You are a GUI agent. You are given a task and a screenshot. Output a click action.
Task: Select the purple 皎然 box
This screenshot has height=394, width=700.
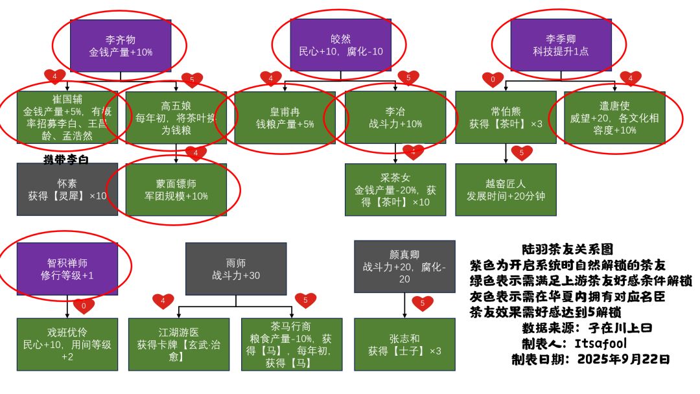tap(340, 45)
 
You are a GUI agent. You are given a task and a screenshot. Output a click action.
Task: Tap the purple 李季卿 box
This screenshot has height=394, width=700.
tap(561, 45)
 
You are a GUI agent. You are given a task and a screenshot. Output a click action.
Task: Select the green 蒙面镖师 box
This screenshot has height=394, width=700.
tap(176, 189)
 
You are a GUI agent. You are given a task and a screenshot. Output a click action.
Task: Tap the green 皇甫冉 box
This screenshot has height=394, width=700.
tap(285, 117)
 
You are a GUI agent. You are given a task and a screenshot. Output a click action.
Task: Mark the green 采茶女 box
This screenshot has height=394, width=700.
tap(395, 189)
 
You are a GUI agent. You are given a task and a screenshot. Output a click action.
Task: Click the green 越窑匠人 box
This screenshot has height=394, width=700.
tap(506, 189)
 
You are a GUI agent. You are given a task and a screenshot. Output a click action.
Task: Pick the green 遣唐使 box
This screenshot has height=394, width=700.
tap(615, 117)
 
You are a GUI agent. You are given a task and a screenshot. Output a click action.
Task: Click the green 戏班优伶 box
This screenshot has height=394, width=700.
tap(67, 344)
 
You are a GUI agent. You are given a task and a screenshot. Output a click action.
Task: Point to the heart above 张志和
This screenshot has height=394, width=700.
tap(422, 302)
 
